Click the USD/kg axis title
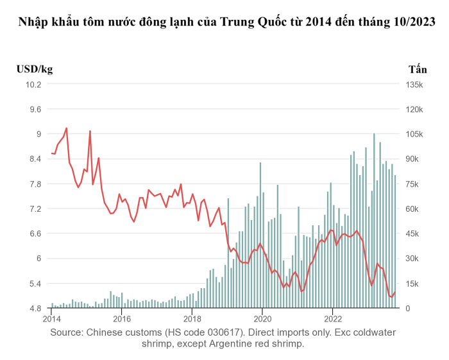[35, 69]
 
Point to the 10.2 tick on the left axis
[33, 84]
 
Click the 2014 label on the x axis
[51, 318]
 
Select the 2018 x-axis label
[192, 318]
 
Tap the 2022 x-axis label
[332, 318]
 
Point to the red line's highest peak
[67, 128]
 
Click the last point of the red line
[395, 292]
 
